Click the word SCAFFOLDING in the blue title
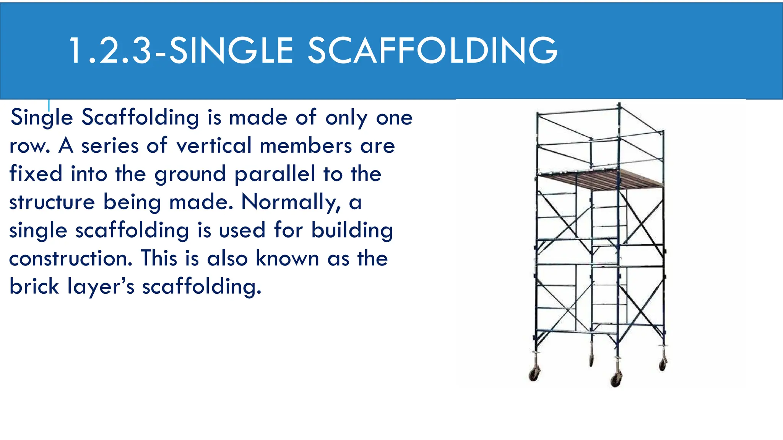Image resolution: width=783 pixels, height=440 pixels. [432, 51]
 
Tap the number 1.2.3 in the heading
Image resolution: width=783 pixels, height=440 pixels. [111, 51]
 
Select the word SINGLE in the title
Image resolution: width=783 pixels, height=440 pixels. [231, 51]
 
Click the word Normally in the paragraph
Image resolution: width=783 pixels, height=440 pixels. [291, 202]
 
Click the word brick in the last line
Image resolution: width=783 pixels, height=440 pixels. [34, 286]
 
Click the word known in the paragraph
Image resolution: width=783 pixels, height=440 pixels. [287, 259]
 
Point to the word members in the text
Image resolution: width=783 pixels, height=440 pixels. [305, 146]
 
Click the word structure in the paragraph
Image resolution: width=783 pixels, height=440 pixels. [52, 202]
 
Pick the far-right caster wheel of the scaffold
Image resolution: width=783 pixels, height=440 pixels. [663, 364]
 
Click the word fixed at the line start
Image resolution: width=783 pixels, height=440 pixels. [36, 174]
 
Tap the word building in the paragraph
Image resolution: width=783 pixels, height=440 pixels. [352, 231]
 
